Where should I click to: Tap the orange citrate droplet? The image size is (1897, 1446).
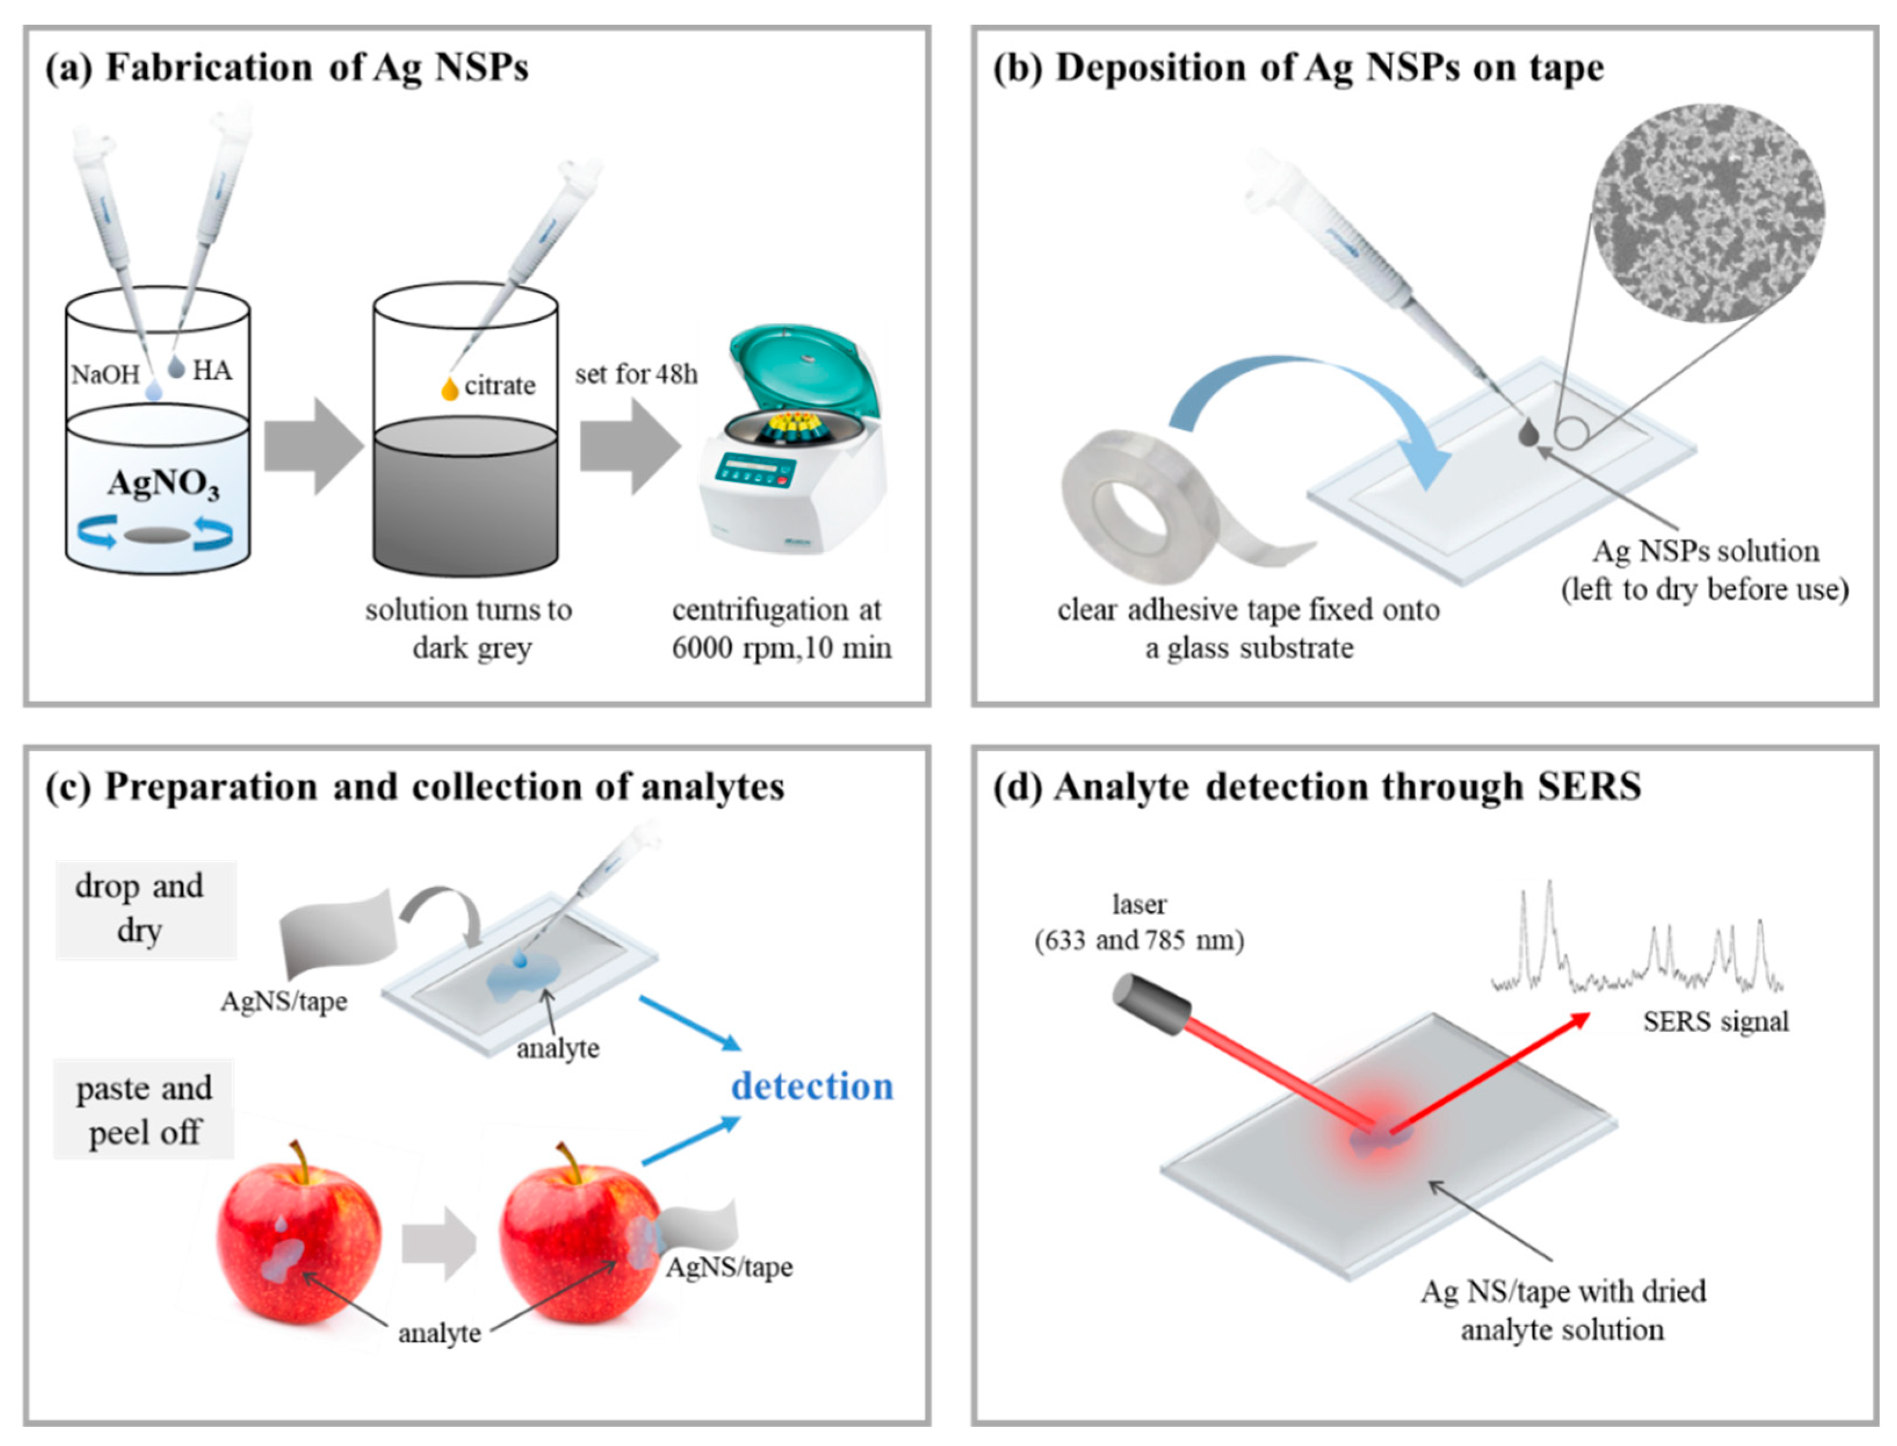[449, 389]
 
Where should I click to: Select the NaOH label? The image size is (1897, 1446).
[105, 374]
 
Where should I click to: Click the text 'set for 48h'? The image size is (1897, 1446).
[636, 374]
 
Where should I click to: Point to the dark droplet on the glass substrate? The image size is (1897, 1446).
[1528, 432]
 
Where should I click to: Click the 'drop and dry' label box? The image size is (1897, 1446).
[144, 909]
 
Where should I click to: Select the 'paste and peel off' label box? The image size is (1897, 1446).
[144, 1111]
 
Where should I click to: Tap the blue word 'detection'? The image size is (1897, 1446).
[812, 1086]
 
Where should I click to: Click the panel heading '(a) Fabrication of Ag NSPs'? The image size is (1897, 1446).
[287, 67]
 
